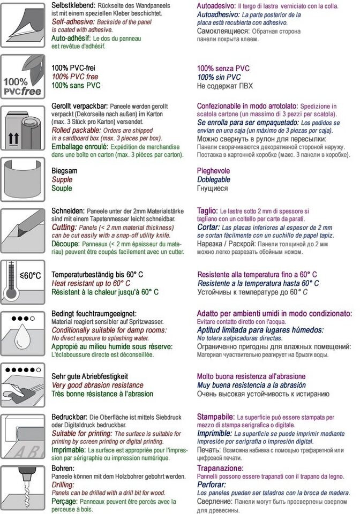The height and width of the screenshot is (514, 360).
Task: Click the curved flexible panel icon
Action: (22, 182)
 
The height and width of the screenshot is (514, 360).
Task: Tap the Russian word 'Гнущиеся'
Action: (213, 188)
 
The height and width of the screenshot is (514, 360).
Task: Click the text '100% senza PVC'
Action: (223, 69)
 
